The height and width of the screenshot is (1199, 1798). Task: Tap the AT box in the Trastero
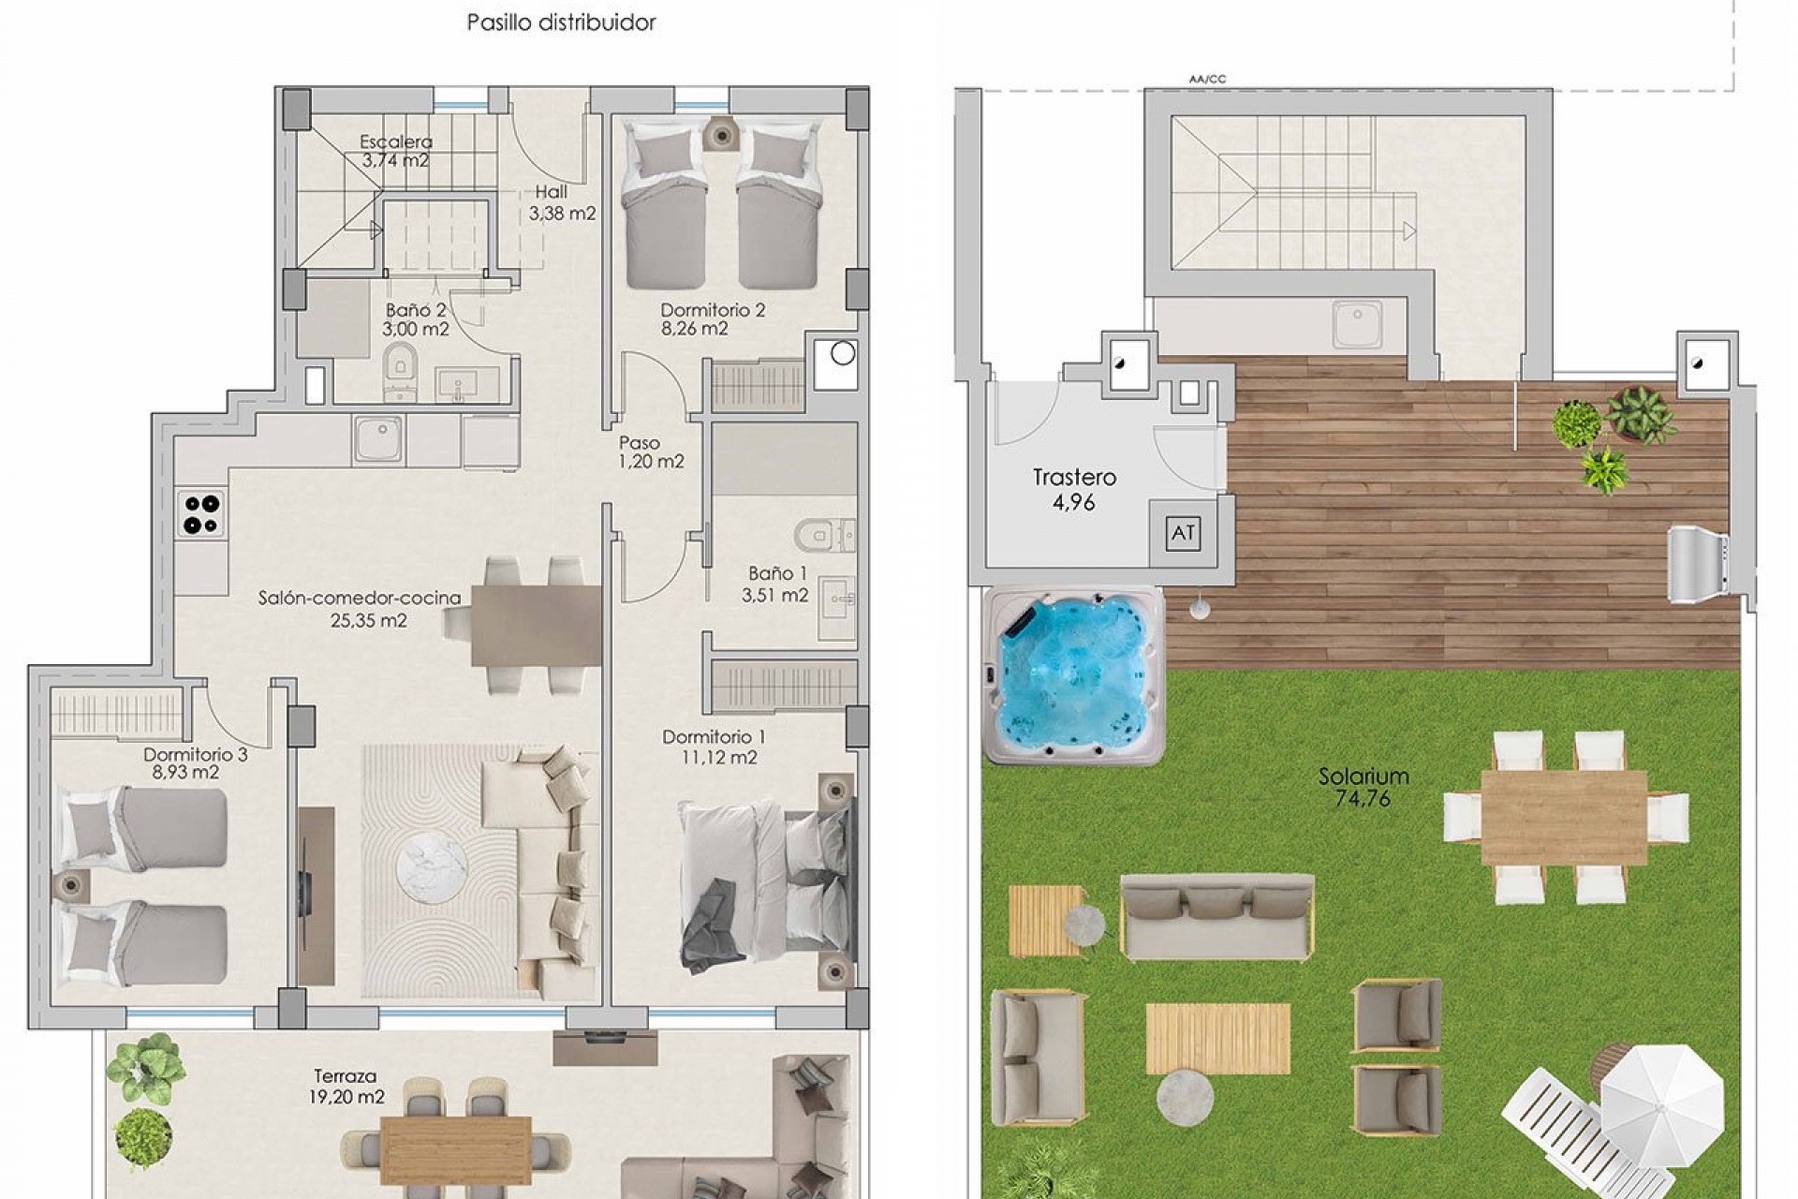click(x=1183, y=533)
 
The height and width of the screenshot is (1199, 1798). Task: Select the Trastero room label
click(x=1074, y=478)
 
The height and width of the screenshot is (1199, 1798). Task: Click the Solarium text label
click(x=1363, y=777)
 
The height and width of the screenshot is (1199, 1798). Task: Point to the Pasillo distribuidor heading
click(x=561, y=22)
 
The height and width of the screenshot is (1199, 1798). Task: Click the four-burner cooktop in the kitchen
click(x=201, y=513)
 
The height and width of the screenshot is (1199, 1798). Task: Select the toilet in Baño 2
click(x=401, y=371)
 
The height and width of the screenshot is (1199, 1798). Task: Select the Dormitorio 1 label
click(x=714, y=737)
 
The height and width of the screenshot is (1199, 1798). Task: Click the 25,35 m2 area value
click(x=369, y=620)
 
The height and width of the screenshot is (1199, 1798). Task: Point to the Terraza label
click(x=346, y=1077)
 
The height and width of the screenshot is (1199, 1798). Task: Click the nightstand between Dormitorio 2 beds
click(x=720, y=136)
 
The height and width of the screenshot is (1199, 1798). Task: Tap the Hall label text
click(x=552, y=192)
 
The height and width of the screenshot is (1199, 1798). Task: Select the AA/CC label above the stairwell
click(x=1207, y=80)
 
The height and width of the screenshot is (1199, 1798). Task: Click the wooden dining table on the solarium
click(x=1564, y=819)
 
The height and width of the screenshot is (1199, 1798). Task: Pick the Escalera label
click(x=396, y=142)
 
